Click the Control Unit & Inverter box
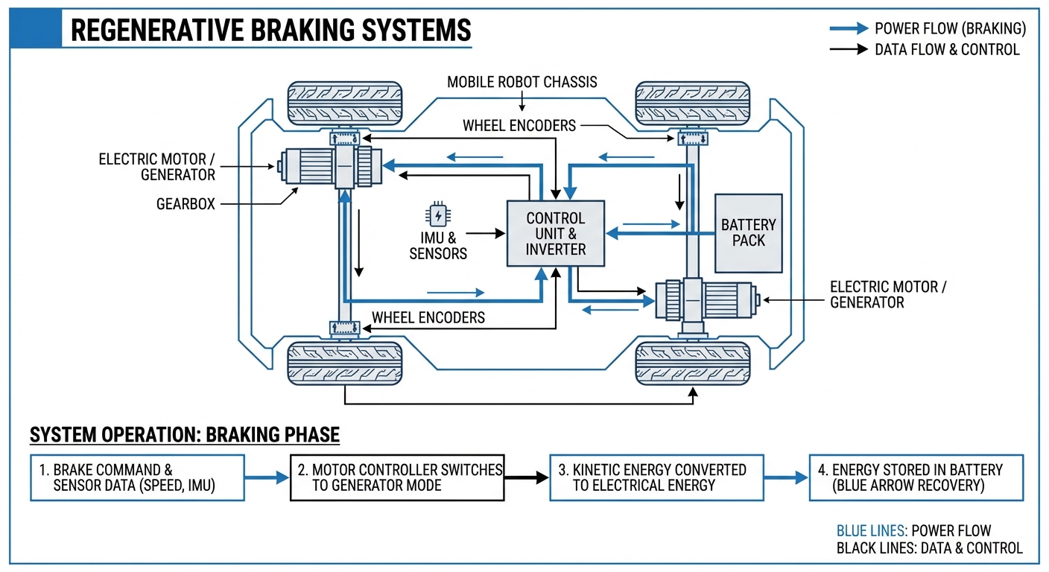pyautogui.click(x=556, y=233)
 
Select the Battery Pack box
pyautogui.click(x=748, y=233)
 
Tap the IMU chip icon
pyautogui.click(x=438, y=215)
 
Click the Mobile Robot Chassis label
pyautogui.click(x=522, y=82)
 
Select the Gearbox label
pyautogui.click(x=186, y=203)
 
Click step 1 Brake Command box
pyautogui.click(x=137, y=478)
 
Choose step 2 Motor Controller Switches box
pyautogui.click(x=397, y=478)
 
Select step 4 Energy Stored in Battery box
pyautogui.click(x=916, y=478)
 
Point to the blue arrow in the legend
pyautogui.click(x=849, y=29)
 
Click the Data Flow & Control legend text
pyautogui.click(x=946, y=50)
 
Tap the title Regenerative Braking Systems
pyautogui.click(x=270, y=31)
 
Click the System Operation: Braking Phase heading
pyautogui.click(x=184, y=434)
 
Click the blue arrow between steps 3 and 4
pyautogui.click(x=786, y=478)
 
